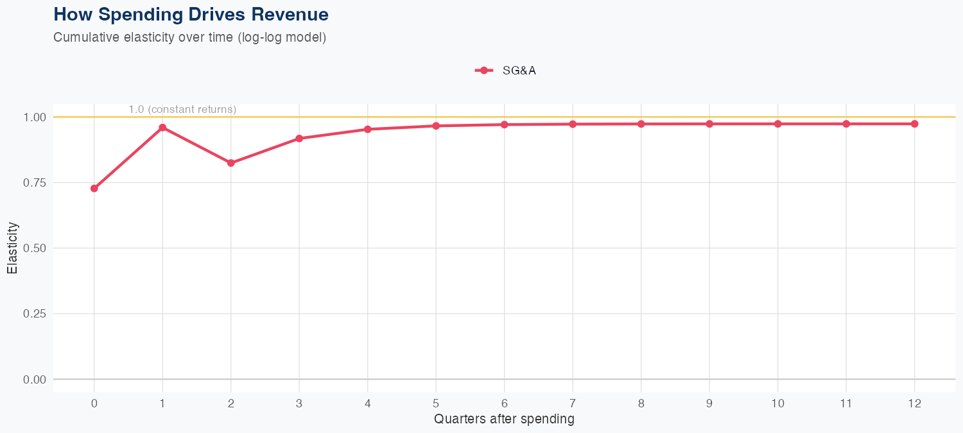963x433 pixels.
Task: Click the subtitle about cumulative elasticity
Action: coord(190,37)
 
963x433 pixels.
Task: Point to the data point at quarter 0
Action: coord(94,189)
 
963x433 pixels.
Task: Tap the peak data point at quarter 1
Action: coord(162,128)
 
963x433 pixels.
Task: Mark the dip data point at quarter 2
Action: coord(231,163)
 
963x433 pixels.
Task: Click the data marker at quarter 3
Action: coord(299,139)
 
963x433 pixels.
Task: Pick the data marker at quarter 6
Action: coord(505,124)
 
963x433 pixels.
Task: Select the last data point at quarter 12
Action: coord(914,124)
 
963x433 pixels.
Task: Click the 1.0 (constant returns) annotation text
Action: coord(182,110)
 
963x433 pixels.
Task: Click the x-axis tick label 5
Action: coord(436,403)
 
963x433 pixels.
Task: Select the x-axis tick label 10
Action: coord(777,403)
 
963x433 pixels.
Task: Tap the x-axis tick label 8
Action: coord(641,403)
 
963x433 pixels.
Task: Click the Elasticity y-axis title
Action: coord(12,248)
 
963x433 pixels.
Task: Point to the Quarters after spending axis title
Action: coord(504,420)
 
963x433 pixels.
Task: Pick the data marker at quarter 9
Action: coord(709,124)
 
